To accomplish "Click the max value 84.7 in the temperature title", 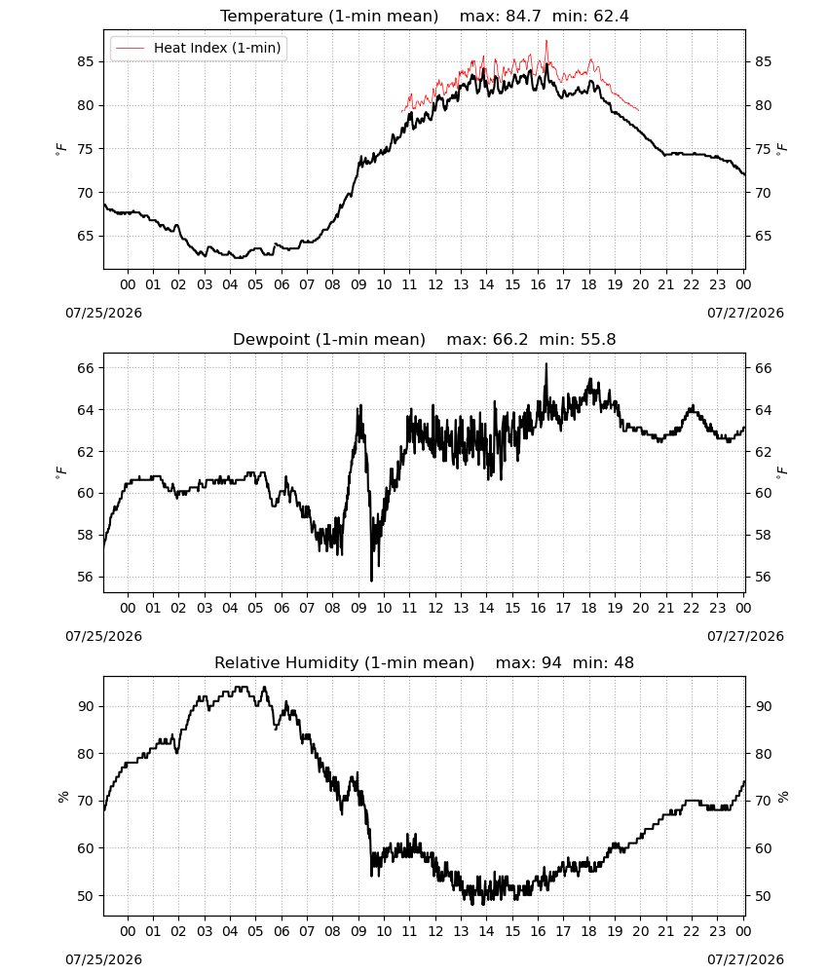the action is (x=523, y=17).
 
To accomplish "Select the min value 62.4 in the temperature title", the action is (x=611, y=17).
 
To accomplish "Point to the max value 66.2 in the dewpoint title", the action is (x=510, y=340).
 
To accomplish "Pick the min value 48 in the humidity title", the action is (x=623, y=662).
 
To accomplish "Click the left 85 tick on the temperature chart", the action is (x=86, y=61).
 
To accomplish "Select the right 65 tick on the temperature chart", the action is (x=764, y=236).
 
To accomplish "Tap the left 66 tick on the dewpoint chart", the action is (x=86, y=368).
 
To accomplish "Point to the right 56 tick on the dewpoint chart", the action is (x=764, y=577).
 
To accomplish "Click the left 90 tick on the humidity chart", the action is (x=86, y=706).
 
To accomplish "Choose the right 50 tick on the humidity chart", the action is (x=764, y=896).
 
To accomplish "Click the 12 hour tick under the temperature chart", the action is (x=435, y=284).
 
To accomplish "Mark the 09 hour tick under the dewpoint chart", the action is (x=358, y=608).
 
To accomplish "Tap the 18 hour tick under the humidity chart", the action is (x=589, y=931).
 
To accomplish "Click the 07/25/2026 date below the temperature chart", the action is (x=103, y=313).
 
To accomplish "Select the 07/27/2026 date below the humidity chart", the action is (x=745, y=959).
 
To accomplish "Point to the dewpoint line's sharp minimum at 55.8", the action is (x=371, y=581).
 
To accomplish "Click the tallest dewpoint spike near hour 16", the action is (x=546, y=364).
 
